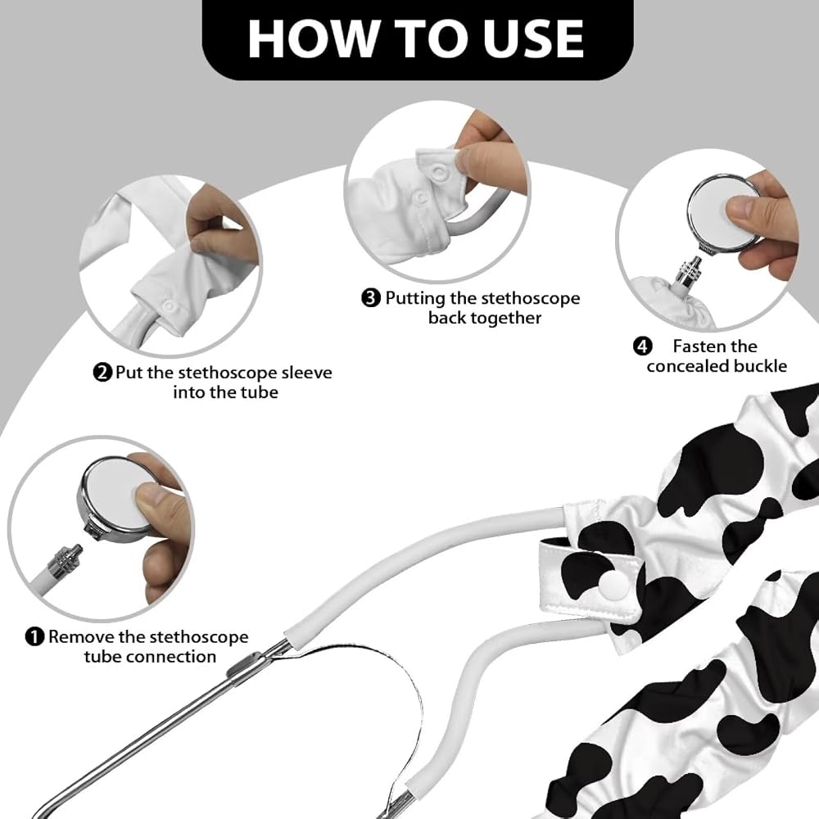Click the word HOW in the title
(313, 38)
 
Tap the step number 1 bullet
(34, 636)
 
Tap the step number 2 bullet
(103, 373)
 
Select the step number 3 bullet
(371, 298)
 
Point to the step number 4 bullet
(642, 346)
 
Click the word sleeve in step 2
(306, 373)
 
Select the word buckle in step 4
(761, 366)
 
